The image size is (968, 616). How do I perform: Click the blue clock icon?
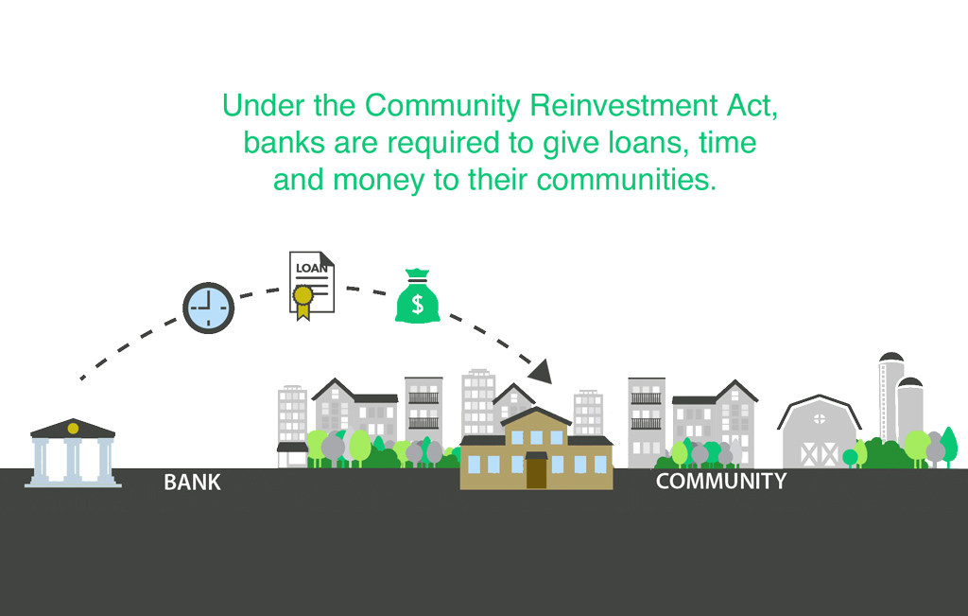pyautogui.click(x=209, y=308)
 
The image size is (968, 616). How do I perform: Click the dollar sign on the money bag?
pyautogui.click(x=417, y=304)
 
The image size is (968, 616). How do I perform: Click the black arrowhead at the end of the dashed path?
pyautogui.click(x=541, y=371)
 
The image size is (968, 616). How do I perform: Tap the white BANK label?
pyautogui.click(x=192, y=483)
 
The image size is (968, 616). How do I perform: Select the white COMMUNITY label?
pyautogui.click(x=721, y=481)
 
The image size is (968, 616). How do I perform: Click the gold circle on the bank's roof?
pyautogui.click(x=73, y=429)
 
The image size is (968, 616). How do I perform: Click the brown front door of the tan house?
pyautogui.click(x=537, y=471)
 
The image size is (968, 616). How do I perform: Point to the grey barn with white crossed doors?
pyautogui.click(x=820, y=431)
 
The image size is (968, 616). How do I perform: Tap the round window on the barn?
pyautogui.click(x=820, y=419)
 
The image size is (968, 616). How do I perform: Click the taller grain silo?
pyautogui.click(x=890, y=397)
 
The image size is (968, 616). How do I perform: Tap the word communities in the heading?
pyautogui.click(x=626, y=180)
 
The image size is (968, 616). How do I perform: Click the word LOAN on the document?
pyautogui.click(x=311, y=268)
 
